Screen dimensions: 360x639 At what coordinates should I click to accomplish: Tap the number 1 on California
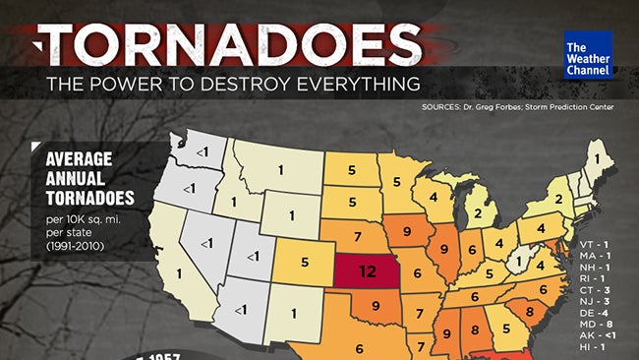[177, 272]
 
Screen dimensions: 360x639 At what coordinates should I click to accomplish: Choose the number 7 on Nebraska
[356, 235]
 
